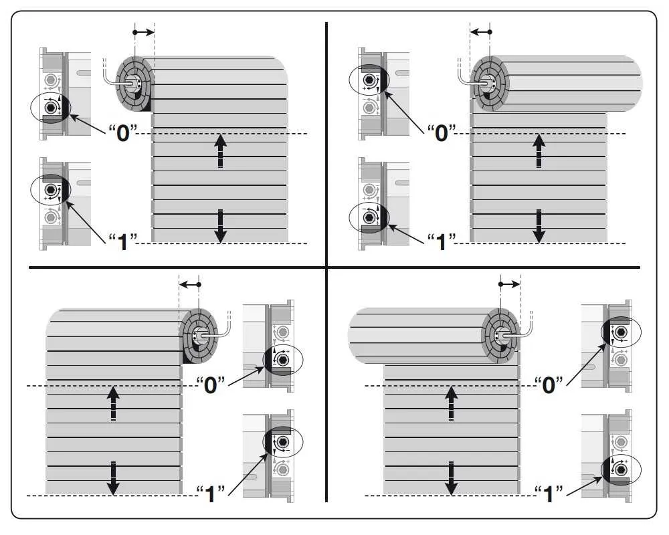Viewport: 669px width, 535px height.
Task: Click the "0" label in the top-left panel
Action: point(123,133)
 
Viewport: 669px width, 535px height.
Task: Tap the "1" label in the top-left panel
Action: point(123,242)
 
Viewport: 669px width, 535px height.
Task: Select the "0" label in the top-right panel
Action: point(442,133)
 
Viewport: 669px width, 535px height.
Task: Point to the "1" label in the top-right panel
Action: point(442,242)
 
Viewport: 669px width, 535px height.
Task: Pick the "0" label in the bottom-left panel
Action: point(211,385)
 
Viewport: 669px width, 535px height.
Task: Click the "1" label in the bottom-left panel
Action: point(211,494)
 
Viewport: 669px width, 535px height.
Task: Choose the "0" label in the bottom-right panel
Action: point(549,385)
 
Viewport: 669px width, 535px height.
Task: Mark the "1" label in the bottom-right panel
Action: point(549,494)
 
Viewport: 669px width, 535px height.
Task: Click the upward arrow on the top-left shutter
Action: point(220,150)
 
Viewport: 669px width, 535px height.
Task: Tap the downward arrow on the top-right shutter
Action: point(539,226)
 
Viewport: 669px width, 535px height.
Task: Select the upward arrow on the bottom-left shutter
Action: point(113,403)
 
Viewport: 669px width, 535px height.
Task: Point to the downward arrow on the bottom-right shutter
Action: point(451,478)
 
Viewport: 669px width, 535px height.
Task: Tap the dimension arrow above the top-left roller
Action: point(144,32)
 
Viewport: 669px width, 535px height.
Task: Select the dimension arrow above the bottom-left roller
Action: point(190,285)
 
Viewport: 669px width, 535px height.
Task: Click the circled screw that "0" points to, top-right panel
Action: point(369,80)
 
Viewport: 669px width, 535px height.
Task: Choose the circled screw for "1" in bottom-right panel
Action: point(622,469)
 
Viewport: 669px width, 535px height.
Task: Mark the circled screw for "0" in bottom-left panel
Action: point(282,360)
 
